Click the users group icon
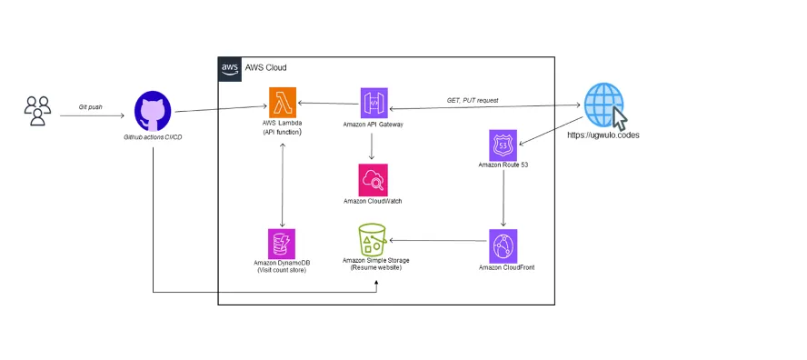37,111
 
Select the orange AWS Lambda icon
282,102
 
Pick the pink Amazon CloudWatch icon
373,179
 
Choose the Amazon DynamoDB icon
282,243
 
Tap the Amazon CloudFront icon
503,246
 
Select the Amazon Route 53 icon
503,145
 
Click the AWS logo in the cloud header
230,68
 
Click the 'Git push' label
90,106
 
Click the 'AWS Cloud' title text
265,68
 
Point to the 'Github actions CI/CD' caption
153,136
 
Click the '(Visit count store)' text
282,270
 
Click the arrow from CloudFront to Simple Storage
436,241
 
